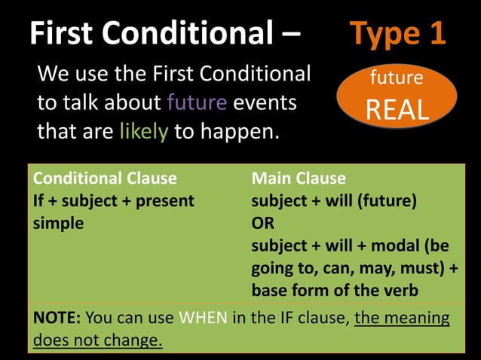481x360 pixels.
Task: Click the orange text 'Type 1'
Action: tap(398, 33)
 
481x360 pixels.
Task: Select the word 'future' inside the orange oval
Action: tap(397, 78)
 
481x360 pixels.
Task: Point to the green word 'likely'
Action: tap(143, 132)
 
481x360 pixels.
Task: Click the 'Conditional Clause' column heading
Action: tap(105, 178)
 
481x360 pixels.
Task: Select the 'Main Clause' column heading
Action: tap(299, 178)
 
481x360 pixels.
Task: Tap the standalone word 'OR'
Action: tap(263, 224)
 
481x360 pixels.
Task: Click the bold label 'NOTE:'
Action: tap(57, 317)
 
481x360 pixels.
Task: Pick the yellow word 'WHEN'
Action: tap(203, 317)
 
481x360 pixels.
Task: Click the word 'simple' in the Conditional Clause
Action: tap(59, 224)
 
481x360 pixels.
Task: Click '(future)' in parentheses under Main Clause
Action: tap(384, 201)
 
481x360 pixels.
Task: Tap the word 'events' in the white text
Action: tap(265, 102)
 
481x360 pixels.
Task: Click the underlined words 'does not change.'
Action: tap(98, 340)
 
